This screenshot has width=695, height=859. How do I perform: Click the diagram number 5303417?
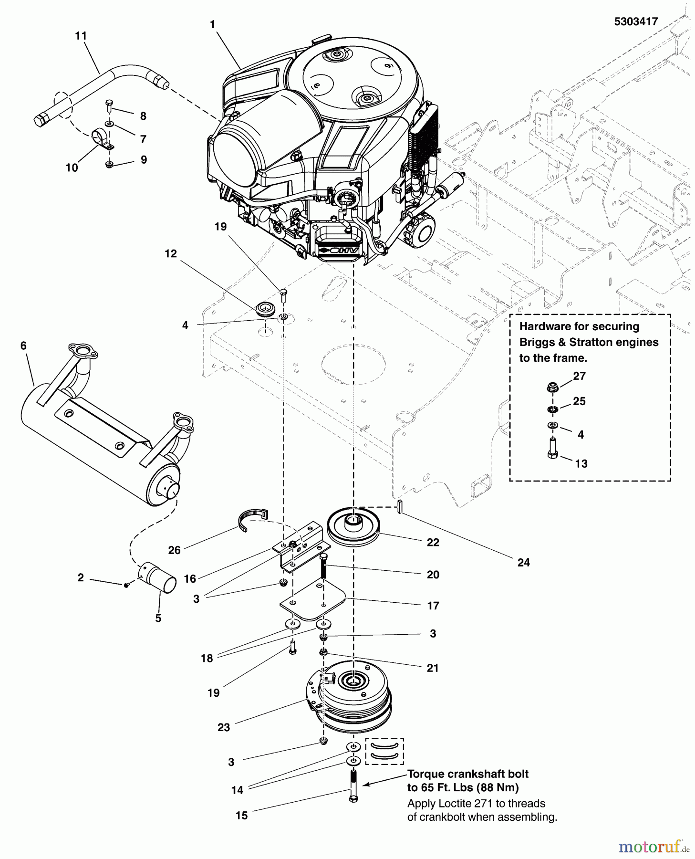coord(636,21)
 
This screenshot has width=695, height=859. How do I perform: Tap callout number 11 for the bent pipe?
coord(81,36)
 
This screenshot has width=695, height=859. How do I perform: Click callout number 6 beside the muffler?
coord(23,346)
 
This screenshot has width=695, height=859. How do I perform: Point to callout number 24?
coord(523,563)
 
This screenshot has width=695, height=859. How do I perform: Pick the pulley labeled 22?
coord(353,527)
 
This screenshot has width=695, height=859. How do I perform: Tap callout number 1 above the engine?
coord(212,23)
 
